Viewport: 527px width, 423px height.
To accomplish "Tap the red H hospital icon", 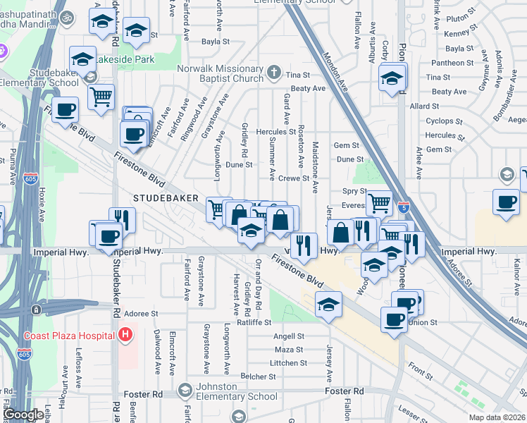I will (x=125, y=334).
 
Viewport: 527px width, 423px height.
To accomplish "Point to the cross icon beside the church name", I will (x=274, y=73).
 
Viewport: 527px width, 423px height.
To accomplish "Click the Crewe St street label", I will (x=294, y=179).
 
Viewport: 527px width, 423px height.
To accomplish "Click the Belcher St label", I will (x=257, y=376).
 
